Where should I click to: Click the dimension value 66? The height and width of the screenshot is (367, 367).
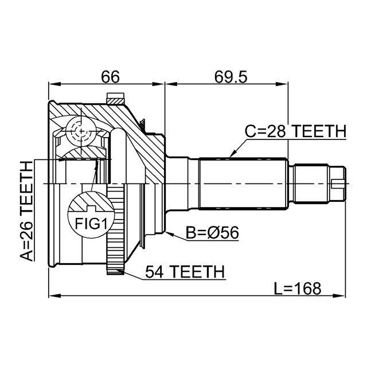[x=110, y=77]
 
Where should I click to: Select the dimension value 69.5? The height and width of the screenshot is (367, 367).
[x=226, y=77]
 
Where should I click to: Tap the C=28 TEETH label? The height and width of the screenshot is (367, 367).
[x=295, y=131]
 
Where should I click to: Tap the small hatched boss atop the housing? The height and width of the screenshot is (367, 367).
[x=116, y=100]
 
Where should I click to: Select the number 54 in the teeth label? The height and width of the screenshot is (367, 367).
[x=154, y=271]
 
